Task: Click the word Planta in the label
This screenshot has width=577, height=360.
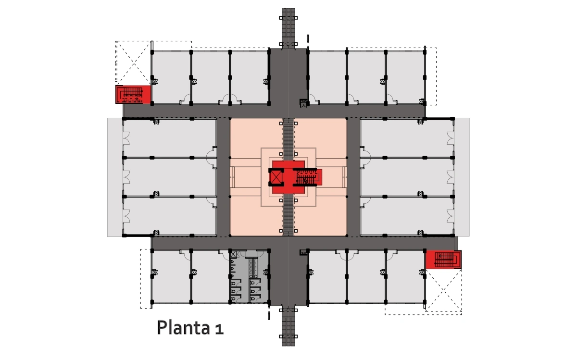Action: click(183, 327)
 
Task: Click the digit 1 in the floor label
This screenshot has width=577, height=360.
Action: click(219, 329)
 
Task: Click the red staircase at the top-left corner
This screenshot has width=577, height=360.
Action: click(133, 95)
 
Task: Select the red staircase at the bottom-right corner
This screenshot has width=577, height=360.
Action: click(443, 260)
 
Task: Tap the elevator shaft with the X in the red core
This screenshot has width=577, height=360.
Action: click(276, 177)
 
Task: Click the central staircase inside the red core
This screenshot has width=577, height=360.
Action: click(307, 177)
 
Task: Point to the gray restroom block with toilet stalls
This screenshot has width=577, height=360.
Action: click(249, 276)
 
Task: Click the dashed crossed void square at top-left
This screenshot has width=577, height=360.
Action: click(133, 63)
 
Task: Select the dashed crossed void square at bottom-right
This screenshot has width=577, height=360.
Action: click(443, 290)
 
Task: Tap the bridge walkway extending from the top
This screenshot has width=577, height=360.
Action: click(288, 28)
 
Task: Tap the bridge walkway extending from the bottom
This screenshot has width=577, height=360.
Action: click(288, 326)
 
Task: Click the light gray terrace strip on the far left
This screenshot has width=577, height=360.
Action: click(115, 177)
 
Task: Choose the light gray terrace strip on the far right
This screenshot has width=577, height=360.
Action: click(462, 177)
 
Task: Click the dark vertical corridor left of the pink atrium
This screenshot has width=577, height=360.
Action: click(223, 177)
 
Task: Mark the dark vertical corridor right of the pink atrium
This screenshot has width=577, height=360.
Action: click(353, 177)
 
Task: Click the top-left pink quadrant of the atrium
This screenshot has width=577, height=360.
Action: click(256, 138)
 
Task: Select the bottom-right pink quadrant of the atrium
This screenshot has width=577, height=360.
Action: click(320, 216)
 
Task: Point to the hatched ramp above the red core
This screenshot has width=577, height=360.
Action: click(288, 139)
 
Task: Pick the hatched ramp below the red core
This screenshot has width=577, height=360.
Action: click(288, 215)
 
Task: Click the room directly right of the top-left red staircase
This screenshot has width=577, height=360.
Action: click(171, 77)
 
